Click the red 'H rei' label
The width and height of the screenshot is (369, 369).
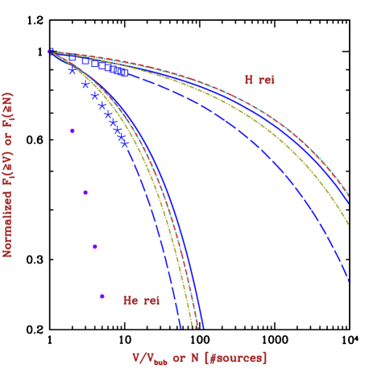259,81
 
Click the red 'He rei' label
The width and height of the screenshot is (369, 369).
141,301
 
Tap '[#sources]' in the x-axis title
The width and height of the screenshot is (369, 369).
236,358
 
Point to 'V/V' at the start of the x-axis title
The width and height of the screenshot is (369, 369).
143,358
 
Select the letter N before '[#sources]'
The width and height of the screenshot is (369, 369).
194,358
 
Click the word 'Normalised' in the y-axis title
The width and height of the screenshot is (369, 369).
9,218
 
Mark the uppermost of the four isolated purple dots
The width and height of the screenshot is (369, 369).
73,131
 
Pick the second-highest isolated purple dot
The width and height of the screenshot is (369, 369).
85,192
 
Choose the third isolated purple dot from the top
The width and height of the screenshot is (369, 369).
95,247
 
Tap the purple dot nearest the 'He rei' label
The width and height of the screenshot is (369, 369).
102,296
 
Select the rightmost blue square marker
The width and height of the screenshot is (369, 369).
125,73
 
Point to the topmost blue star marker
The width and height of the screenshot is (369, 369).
73,71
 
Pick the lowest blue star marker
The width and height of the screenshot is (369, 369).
124,143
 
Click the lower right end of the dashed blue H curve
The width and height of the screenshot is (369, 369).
349,282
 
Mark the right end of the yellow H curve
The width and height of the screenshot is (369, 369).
349,224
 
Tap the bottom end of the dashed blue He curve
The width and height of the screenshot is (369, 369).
180,328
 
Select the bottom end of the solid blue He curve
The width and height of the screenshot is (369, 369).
203,328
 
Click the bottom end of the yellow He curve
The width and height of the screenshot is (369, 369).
192,325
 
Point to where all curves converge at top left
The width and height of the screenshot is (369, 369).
50,52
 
